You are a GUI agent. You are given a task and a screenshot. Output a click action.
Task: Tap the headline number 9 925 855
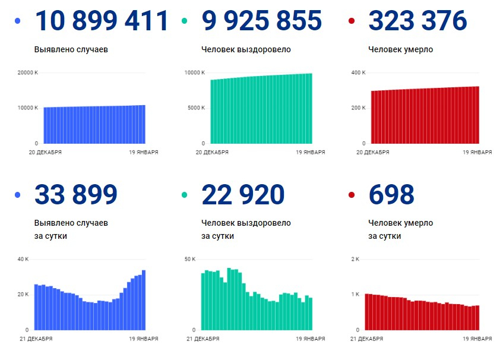[262, 21]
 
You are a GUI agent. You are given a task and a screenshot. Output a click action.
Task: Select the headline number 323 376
[417, 21]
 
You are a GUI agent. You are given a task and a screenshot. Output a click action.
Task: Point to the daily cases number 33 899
[76, 194]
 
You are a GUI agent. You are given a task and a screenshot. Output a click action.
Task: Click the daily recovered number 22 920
[243, 194]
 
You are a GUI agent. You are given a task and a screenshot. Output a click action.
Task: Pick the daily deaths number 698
[391, 194]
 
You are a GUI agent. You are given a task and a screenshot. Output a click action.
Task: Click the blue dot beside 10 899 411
[17, 21]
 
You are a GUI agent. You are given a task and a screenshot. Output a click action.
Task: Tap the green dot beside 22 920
[185, 195]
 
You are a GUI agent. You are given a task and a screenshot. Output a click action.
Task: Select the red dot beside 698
[352, 195]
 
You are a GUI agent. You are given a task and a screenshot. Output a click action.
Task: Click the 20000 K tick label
[28, 73]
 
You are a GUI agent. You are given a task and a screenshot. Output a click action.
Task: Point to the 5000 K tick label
[195, 108]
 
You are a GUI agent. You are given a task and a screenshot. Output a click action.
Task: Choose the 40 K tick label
[23, 260]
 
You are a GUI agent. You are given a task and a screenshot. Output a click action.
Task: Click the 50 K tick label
[190, 260]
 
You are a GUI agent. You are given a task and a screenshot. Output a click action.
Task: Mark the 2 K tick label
[356, 260]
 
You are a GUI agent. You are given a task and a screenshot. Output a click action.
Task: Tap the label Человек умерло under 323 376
[400, 49]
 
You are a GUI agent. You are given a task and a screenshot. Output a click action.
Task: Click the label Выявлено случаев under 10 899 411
[71, 49]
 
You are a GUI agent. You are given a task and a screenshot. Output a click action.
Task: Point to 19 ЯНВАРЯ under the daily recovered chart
[311, 339]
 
